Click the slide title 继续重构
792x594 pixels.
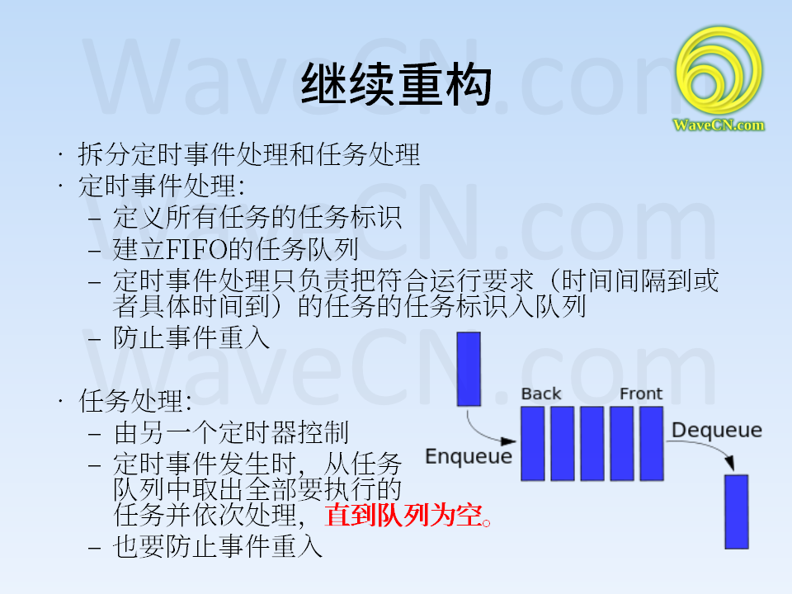[x=396, y=84]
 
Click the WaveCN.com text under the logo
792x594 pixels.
[x=719, y=125]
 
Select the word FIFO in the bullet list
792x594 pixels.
[x=197, y=249]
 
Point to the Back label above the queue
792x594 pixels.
[x=541, y=394]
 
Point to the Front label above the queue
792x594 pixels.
[x=641, y=394]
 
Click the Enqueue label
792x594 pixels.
[x=469, y=456]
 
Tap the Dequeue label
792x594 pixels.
[x=717, y=430]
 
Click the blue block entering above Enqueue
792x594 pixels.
[x=469, y=369]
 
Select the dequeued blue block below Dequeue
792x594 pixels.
[x=737, y=511]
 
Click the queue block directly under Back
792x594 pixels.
[x=533, y=444]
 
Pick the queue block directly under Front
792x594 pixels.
[x=652, y=444]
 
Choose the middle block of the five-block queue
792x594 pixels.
[x=592, y=444]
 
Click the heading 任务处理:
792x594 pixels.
[x=135, y=401]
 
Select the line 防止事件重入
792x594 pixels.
[x=191, y=337]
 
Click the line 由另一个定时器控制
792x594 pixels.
[x=231, y=433]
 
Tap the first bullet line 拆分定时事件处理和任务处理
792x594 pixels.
[x=249, y=154]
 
